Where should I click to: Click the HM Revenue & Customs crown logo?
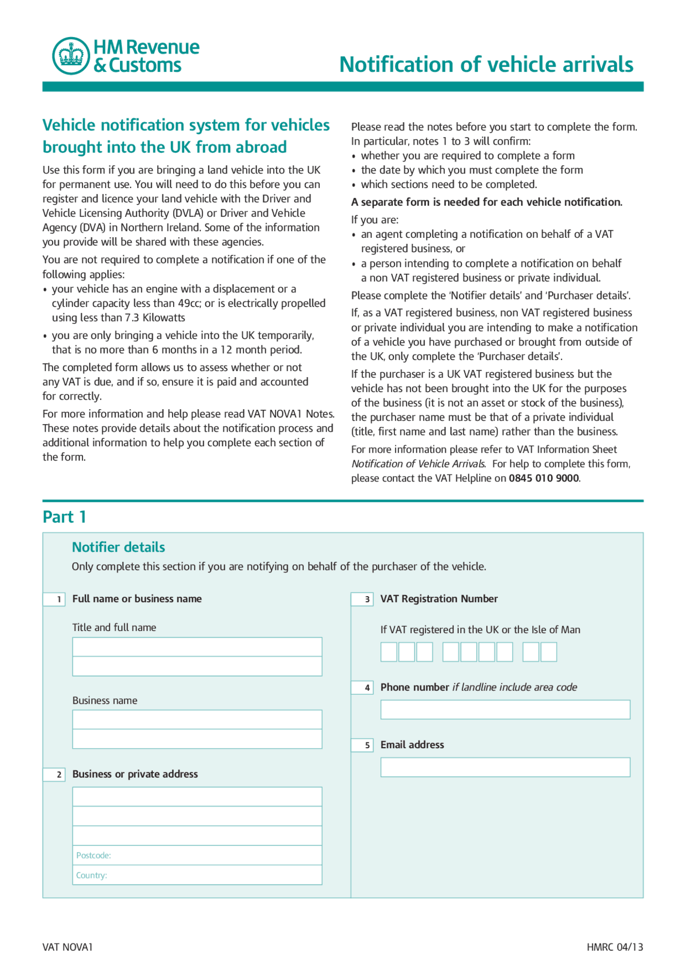[x=71, y=56]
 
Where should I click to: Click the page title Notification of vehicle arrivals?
[x=486, y=64]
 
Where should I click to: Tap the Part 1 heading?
[x=64, y=517]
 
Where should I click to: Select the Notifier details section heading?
[x=118, y=547]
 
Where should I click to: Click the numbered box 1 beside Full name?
[x=55, y=599]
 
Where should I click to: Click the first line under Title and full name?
[x=197, y=647]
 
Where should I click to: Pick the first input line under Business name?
[x=197, y=720]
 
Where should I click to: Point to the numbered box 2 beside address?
[x=55, y=775]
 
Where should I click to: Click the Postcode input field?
[x=197, y=855]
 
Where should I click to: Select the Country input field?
[x=197, y=875]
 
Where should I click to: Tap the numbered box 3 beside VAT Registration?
[x=363, y=599]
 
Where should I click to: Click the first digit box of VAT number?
[x=389, y=652]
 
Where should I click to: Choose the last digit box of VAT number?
[x=549, y=652]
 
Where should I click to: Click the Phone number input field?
[x=505, y=710]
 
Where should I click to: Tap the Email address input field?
[x=505, y=767]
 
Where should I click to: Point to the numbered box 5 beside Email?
[x=363, y=745]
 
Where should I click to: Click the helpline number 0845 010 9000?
[x=543, y=478]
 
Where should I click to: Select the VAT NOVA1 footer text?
[x=68, y=947]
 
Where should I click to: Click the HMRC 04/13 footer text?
[x=615, y=947]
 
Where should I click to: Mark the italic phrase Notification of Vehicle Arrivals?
[x=418, y=464]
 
